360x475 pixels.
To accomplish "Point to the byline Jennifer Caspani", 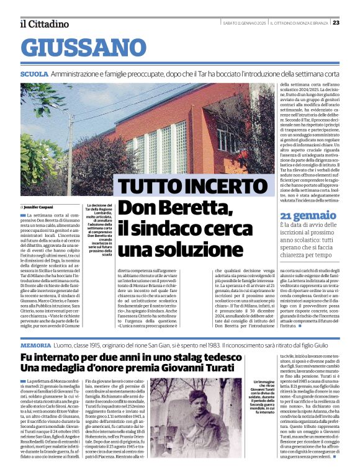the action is click(x=39, y=206).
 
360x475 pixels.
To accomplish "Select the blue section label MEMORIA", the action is click(x=35, y=344).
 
